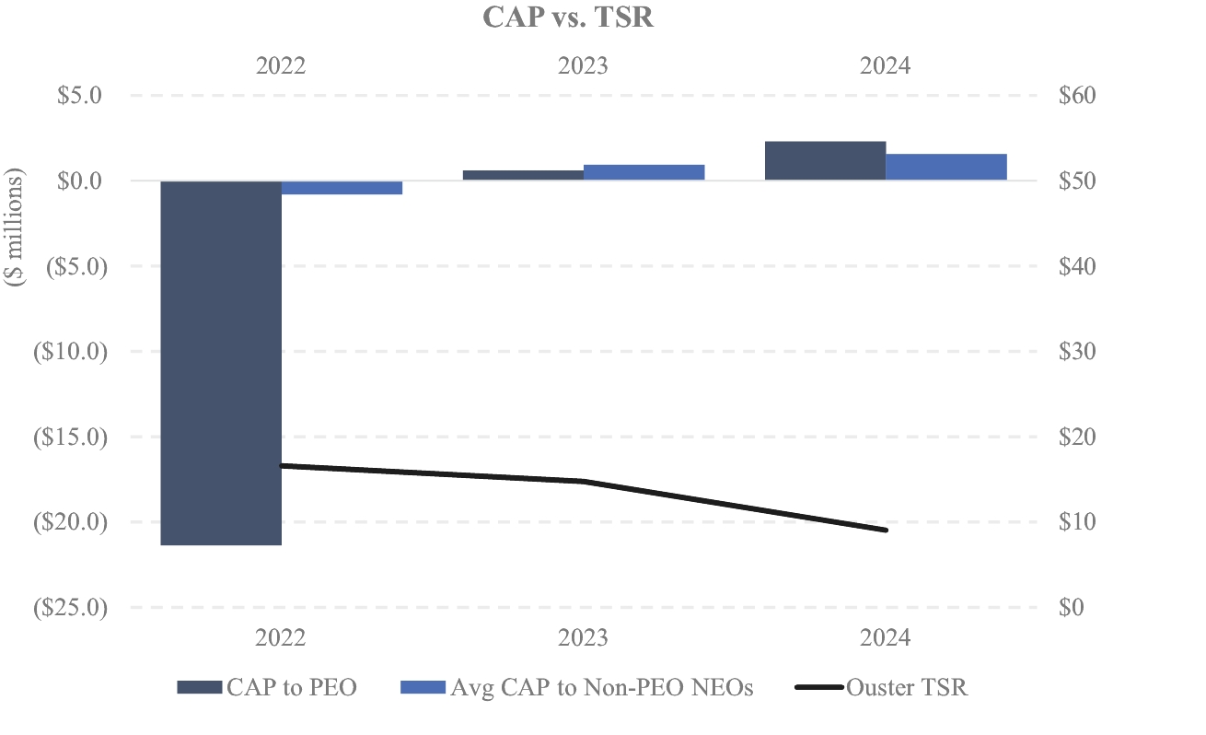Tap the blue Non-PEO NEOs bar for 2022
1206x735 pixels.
coord(342,188)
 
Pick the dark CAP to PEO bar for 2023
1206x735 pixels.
coord(523,175)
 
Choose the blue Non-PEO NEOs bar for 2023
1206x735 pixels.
coord(644,172)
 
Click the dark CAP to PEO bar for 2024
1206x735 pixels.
coord(825,161)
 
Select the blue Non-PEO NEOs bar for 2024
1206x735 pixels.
coord(945,167)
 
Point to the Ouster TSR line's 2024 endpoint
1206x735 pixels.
coord(886,531)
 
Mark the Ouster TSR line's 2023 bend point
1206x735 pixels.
coord(584,481)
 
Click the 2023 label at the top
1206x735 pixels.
coord(583,66)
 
